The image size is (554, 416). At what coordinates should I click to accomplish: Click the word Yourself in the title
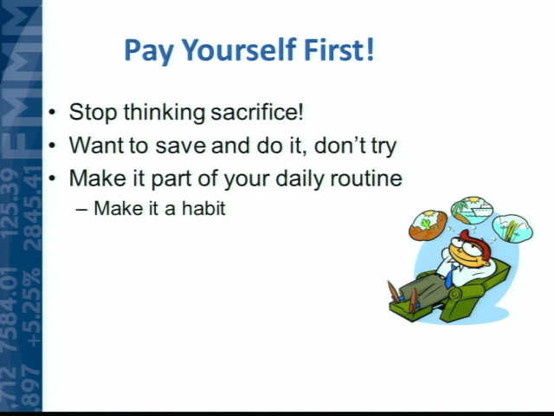(x=239, y=51)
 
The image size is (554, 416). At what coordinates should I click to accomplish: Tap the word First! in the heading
(x=338, y=49)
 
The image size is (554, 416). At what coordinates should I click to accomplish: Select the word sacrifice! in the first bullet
(x=257, y=112)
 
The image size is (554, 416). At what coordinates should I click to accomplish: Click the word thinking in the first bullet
(x=164, y=113)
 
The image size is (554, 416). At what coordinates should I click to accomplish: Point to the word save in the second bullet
(x=180, y=146)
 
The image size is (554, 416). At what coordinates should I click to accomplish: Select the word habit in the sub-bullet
(x=203, y=208)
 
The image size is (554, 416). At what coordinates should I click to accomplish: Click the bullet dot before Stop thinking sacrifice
(x=52, y=113)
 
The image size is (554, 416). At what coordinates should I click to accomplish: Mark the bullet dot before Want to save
(x=52, y=146)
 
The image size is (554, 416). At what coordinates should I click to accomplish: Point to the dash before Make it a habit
(x=81, y=210)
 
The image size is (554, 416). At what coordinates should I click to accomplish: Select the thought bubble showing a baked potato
(x=428, y=225)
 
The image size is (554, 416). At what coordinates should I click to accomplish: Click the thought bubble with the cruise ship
(x=472, y=210)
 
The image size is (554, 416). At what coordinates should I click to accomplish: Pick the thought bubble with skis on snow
(x=512, y=228)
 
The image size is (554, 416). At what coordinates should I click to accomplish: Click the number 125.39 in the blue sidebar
(x=10, y=202)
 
